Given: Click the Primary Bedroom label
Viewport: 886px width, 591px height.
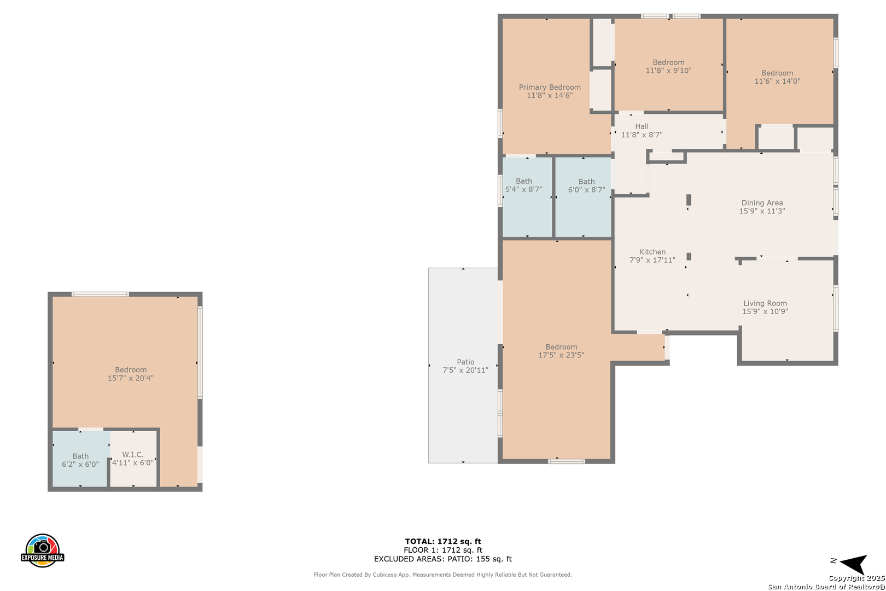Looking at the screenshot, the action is click(550, 87).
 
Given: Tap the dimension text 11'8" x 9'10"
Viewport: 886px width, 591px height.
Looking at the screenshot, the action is click(668, 71).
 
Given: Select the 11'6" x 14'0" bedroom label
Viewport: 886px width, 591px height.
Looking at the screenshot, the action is click(777, 77).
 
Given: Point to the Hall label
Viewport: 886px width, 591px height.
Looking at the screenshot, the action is click(642, 126).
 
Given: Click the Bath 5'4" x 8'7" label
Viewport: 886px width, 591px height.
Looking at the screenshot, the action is click(524, 186).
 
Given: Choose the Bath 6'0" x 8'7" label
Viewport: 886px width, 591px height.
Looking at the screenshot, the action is click(587, 186).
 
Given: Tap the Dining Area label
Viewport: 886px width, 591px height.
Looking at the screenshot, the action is click(762, 202).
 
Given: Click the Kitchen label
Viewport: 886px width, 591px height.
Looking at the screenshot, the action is click(652, 252).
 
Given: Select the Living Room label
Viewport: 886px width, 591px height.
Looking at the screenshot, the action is click(765, 303).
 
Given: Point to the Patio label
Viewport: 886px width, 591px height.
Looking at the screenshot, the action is click(465, 362).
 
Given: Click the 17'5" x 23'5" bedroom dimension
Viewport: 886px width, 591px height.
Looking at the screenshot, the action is click(561, 355).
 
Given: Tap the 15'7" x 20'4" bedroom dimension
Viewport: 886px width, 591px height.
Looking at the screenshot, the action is click(131, 378).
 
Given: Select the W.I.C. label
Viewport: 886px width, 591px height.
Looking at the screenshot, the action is click(132, 454).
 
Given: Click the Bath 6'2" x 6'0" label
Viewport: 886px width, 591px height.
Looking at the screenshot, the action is click(80, 460).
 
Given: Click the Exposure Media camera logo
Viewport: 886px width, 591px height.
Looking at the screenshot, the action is click(42, 551).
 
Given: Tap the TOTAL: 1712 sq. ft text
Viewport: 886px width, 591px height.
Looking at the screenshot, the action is click(443, 541).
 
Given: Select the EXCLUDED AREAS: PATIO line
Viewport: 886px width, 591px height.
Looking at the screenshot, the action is click(443, 559).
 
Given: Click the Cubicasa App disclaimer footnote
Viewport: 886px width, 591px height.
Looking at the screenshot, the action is click(443, 575).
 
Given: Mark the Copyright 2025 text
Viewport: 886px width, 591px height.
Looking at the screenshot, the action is click(856, 578).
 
